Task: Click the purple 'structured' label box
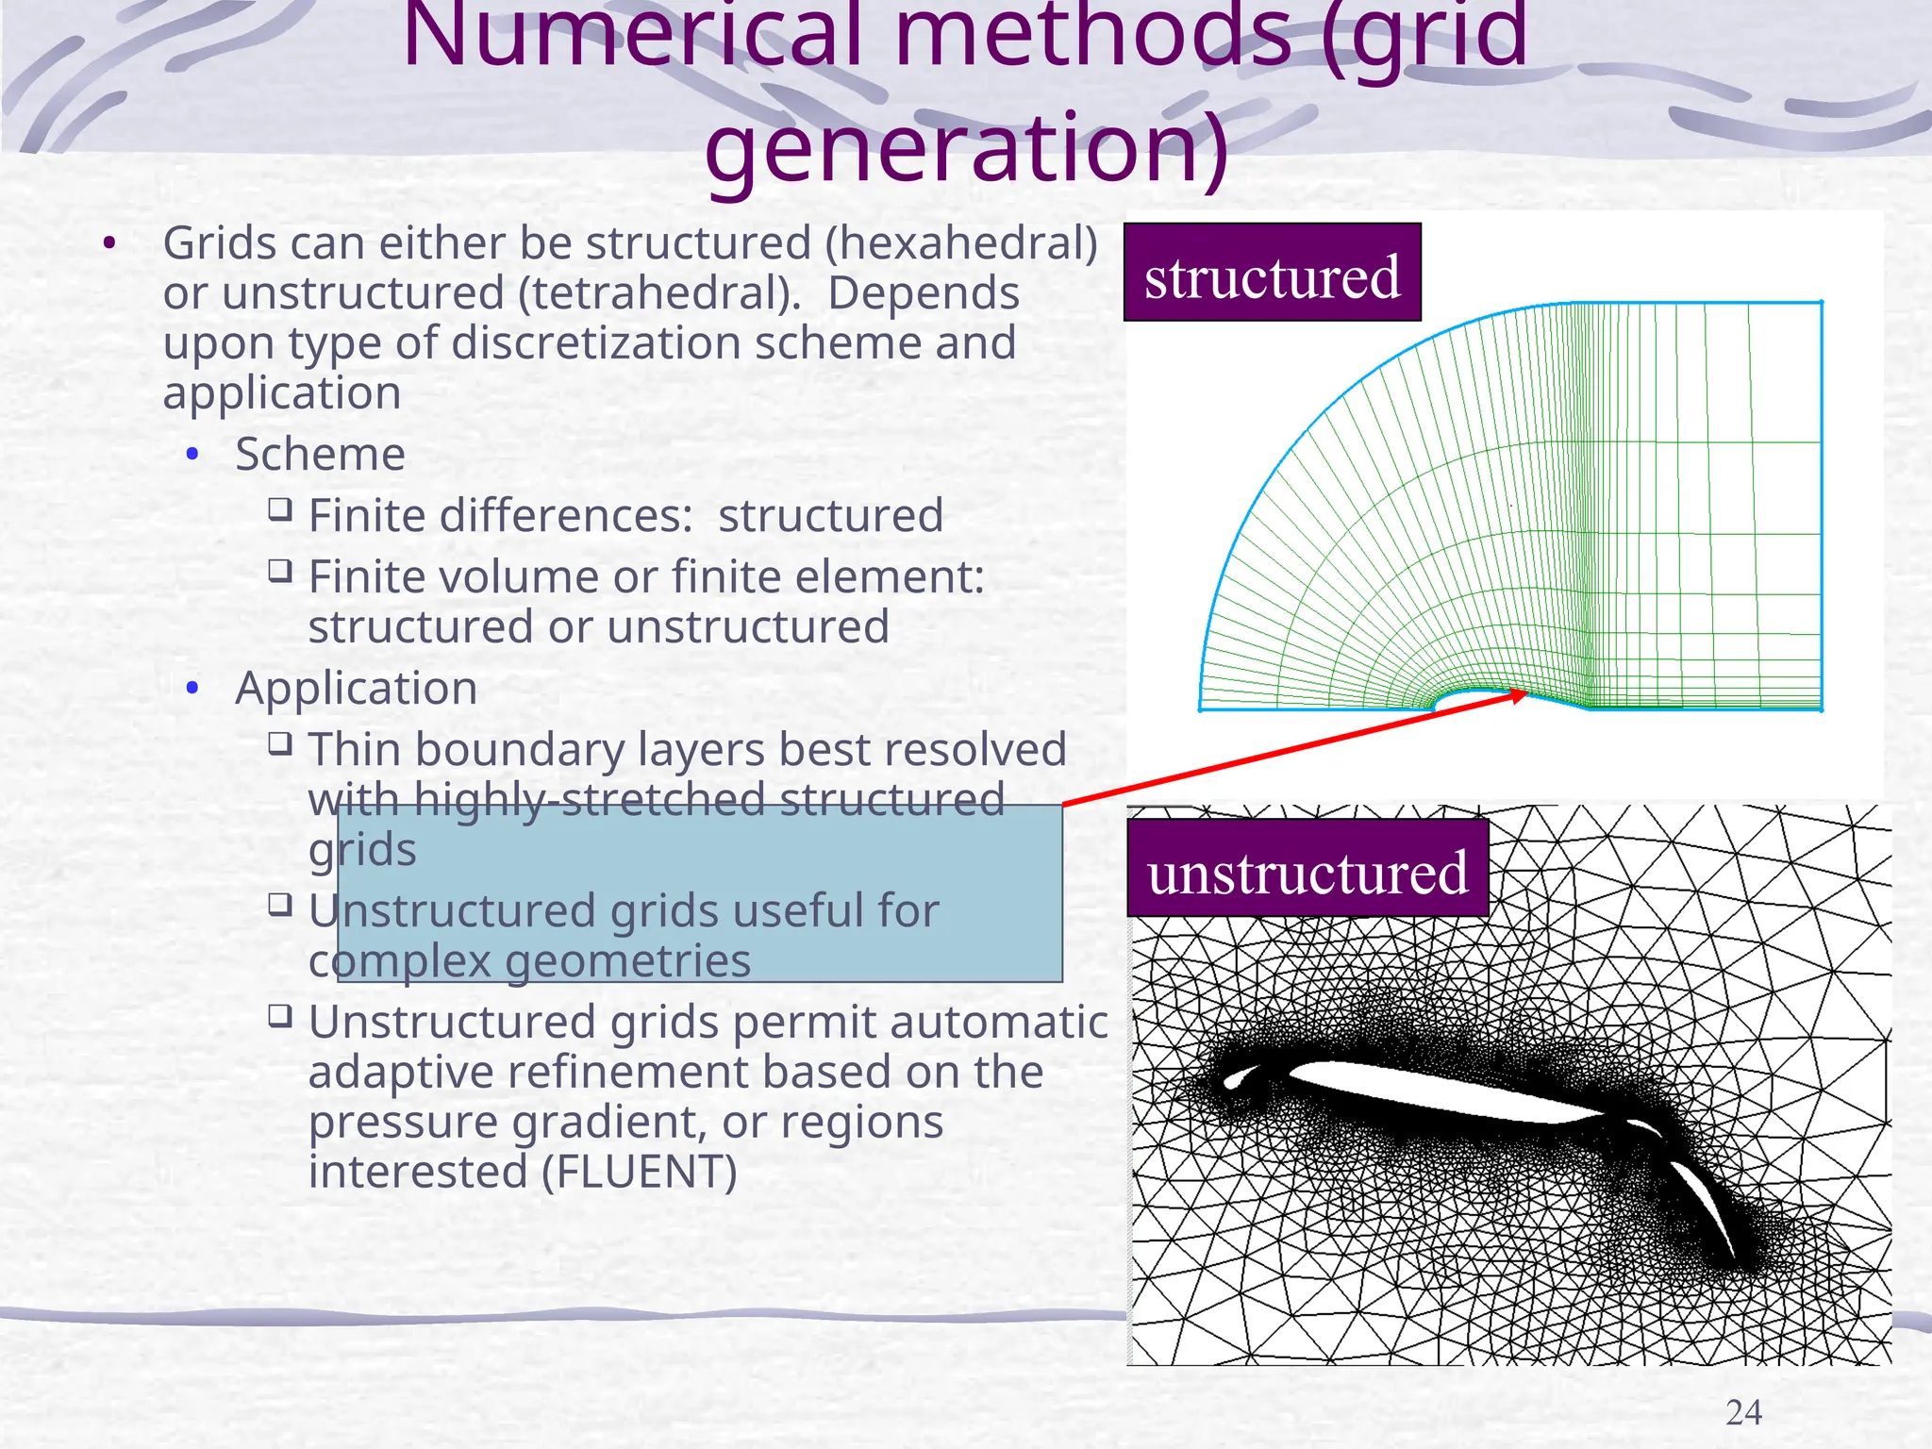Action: point(1272,273)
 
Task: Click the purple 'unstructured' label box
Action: point(1307,869)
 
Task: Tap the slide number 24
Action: point(1743,1412)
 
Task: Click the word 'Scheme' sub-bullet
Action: point(320,454)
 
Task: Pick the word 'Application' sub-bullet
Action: point(356,688)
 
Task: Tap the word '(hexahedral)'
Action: point(961,243)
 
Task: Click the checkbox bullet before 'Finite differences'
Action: point(279,509)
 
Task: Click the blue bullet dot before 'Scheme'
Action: point(192,455)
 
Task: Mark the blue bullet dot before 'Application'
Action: point(192,689)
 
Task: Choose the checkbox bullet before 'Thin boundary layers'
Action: point(279,743)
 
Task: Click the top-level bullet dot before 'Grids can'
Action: point(109,244)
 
